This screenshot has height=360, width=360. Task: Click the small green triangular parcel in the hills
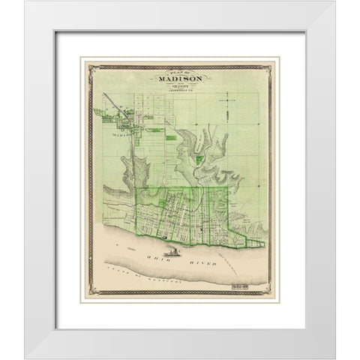tap(197, 158)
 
